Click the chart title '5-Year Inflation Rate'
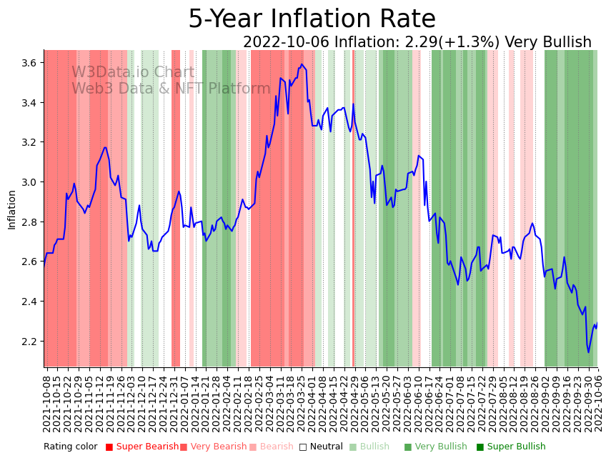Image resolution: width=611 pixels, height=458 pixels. (x=312, y=19)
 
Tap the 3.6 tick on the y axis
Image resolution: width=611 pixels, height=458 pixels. (x=30, y=63)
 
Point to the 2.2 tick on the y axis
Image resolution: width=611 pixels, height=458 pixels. (x=30, y=341)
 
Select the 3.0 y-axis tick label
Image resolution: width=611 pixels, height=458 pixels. (x=30, y=182)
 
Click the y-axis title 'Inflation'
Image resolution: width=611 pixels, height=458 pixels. (x=11, y=209)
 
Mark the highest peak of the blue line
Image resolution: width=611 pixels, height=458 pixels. (x=302, y=64)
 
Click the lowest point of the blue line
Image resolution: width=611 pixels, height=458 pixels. (x=589, y=352)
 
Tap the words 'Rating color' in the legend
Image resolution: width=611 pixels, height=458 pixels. (x=70, y=447)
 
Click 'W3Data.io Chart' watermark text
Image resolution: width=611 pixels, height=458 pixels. (x=133, y=73)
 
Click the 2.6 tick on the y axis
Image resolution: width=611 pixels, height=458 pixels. (x=30, y=262)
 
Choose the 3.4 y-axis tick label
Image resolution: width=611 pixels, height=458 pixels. (x=30, y=103)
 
